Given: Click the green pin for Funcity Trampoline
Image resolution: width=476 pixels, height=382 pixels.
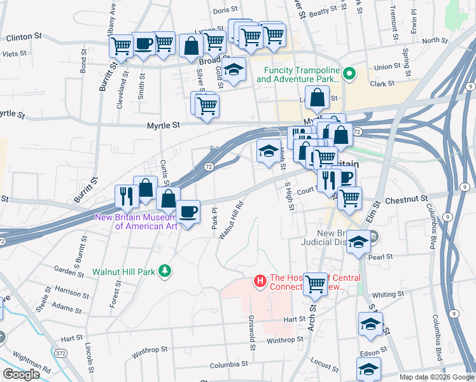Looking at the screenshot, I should (348, 74).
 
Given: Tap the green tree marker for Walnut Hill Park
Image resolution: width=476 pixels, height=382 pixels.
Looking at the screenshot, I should (165, 271).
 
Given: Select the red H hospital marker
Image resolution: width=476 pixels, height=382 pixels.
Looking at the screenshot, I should (260, 280).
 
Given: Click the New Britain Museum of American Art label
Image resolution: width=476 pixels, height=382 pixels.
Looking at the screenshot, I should (136, 222).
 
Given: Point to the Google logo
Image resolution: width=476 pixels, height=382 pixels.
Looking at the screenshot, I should (21, 374).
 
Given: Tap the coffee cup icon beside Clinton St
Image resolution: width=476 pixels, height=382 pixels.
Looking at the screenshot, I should (144, 44).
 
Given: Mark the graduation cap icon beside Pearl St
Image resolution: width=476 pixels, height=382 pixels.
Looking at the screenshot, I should (359, 243).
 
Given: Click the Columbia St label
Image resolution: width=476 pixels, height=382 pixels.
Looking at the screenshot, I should (229, 364).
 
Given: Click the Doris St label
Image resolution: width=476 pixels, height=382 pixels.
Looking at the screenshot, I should (225, 11).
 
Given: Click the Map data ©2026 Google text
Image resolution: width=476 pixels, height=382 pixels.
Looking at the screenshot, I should (435, 377).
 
